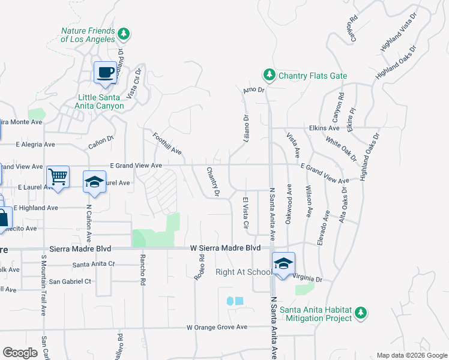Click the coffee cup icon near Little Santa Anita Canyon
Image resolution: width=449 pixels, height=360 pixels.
pos(105,73)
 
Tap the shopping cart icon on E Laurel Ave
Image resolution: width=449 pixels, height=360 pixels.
pos(58,177)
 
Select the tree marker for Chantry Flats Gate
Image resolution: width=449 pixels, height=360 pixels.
pos(270,75)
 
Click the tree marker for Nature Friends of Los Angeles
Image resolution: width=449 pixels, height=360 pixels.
pos(124,34)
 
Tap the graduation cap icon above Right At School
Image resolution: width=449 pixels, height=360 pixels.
pos(283,263)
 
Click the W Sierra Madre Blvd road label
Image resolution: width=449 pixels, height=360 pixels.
pos(225,248)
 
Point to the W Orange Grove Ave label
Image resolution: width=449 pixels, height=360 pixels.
pos(217,328)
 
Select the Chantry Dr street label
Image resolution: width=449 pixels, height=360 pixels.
pos(213,182)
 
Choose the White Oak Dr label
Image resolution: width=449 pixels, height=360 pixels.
pos(340,149)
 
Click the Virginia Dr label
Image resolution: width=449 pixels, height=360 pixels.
pos(308,278)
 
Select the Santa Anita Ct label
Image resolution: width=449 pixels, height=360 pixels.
pos(93,264)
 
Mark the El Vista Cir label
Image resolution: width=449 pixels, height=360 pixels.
pos(245,212)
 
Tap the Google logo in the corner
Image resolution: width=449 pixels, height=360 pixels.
pos(20,353)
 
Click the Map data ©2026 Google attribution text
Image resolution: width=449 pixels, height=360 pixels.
pos(411,355)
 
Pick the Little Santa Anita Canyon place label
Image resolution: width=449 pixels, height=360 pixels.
pos(101,101)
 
